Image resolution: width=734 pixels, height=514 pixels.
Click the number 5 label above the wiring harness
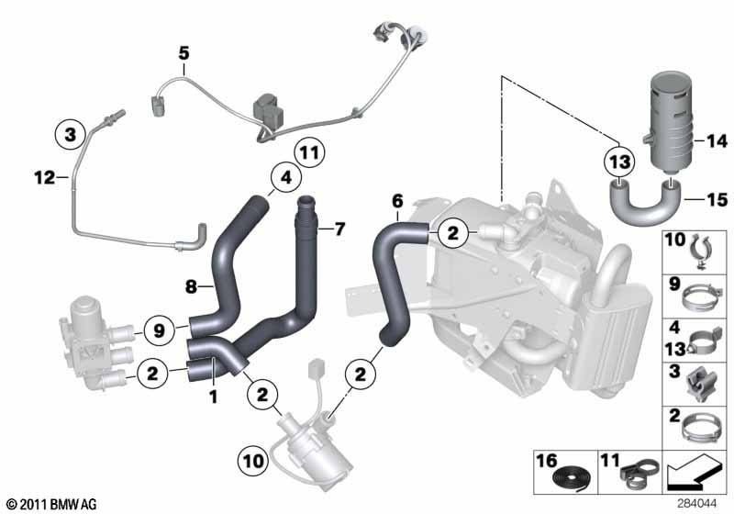183,54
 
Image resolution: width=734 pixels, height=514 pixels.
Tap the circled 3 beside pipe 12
69,135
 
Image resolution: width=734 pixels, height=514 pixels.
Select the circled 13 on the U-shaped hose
619,162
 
